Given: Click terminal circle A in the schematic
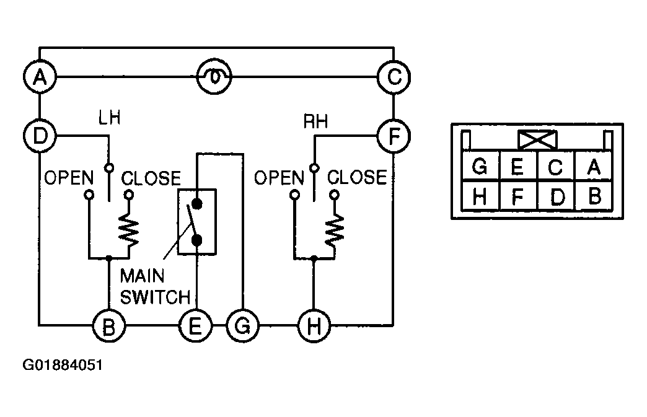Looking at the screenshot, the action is click(40, 77).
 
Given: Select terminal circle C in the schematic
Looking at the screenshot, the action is click(394, 77).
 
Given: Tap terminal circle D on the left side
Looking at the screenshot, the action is click(40, 136).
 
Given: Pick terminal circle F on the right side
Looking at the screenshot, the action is click(394, 136).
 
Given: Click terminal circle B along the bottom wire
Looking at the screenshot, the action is click(108, 326).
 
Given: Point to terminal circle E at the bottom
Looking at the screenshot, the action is click(195, 326).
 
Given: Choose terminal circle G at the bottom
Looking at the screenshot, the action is click(243, 326).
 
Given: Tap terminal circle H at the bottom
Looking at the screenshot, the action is click(314, 326).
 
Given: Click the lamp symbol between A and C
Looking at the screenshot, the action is click(214, 77).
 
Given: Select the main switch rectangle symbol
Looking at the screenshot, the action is click(197, 222).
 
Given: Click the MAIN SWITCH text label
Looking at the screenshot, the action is click(155, 287).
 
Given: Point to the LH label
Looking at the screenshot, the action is click(109, 118).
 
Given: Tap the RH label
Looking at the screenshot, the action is click(315, 121).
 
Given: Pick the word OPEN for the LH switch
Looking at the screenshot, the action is click(69, 178).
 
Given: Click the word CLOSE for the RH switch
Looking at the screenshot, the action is click(357, 177).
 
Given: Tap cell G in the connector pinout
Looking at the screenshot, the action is click(480, 167).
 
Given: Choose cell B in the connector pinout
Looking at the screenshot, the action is click(593, 196).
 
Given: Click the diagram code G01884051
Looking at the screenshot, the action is click(63, 365).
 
